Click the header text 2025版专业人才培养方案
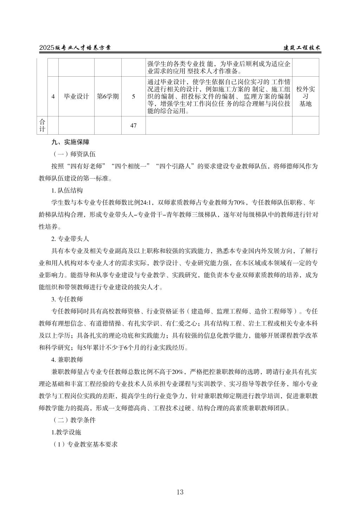click(75, 48)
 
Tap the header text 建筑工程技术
click(302, 48)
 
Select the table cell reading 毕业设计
click(76, 96)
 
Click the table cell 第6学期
click(108, 96)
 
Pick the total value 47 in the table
click(133, 125)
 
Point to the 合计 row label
click(42, 125)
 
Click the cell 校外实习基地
click(305, 96)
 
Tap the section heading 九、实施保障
click(70, 142)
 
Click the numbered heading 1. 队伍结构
click(67, 191)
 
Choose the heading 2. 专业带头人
click(70, 239)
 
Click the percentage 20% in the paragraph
click(179, 372)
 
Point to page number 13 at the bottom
click(180, 492)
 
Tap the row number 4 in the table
click(53, 96)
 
